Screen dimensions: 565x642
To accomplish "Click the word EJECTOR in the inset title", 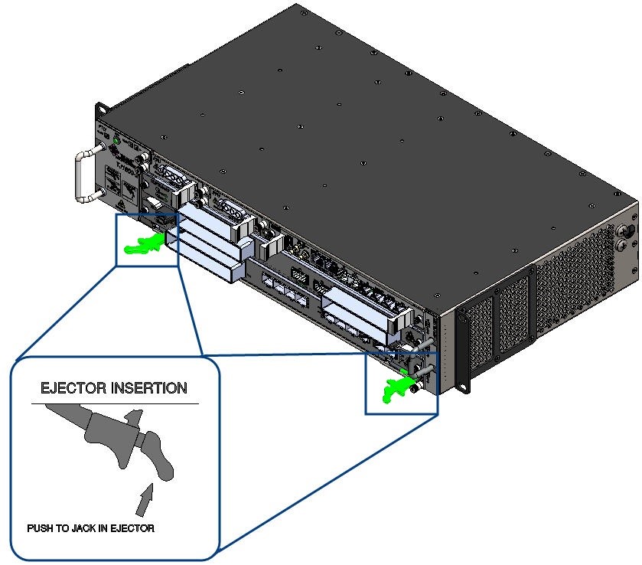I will (x=71, y=388).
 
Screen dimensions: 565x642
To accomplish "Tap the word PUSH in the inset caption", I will (x=40, y=528).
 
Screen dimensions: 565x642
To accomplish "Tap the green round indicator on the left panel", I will (x=116, y=142).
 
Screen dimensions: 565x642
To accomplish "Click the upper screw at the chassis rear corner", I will (x=631, y=230).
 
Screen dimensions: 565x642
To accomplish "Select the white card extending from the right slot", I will (x=360, y=302).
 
